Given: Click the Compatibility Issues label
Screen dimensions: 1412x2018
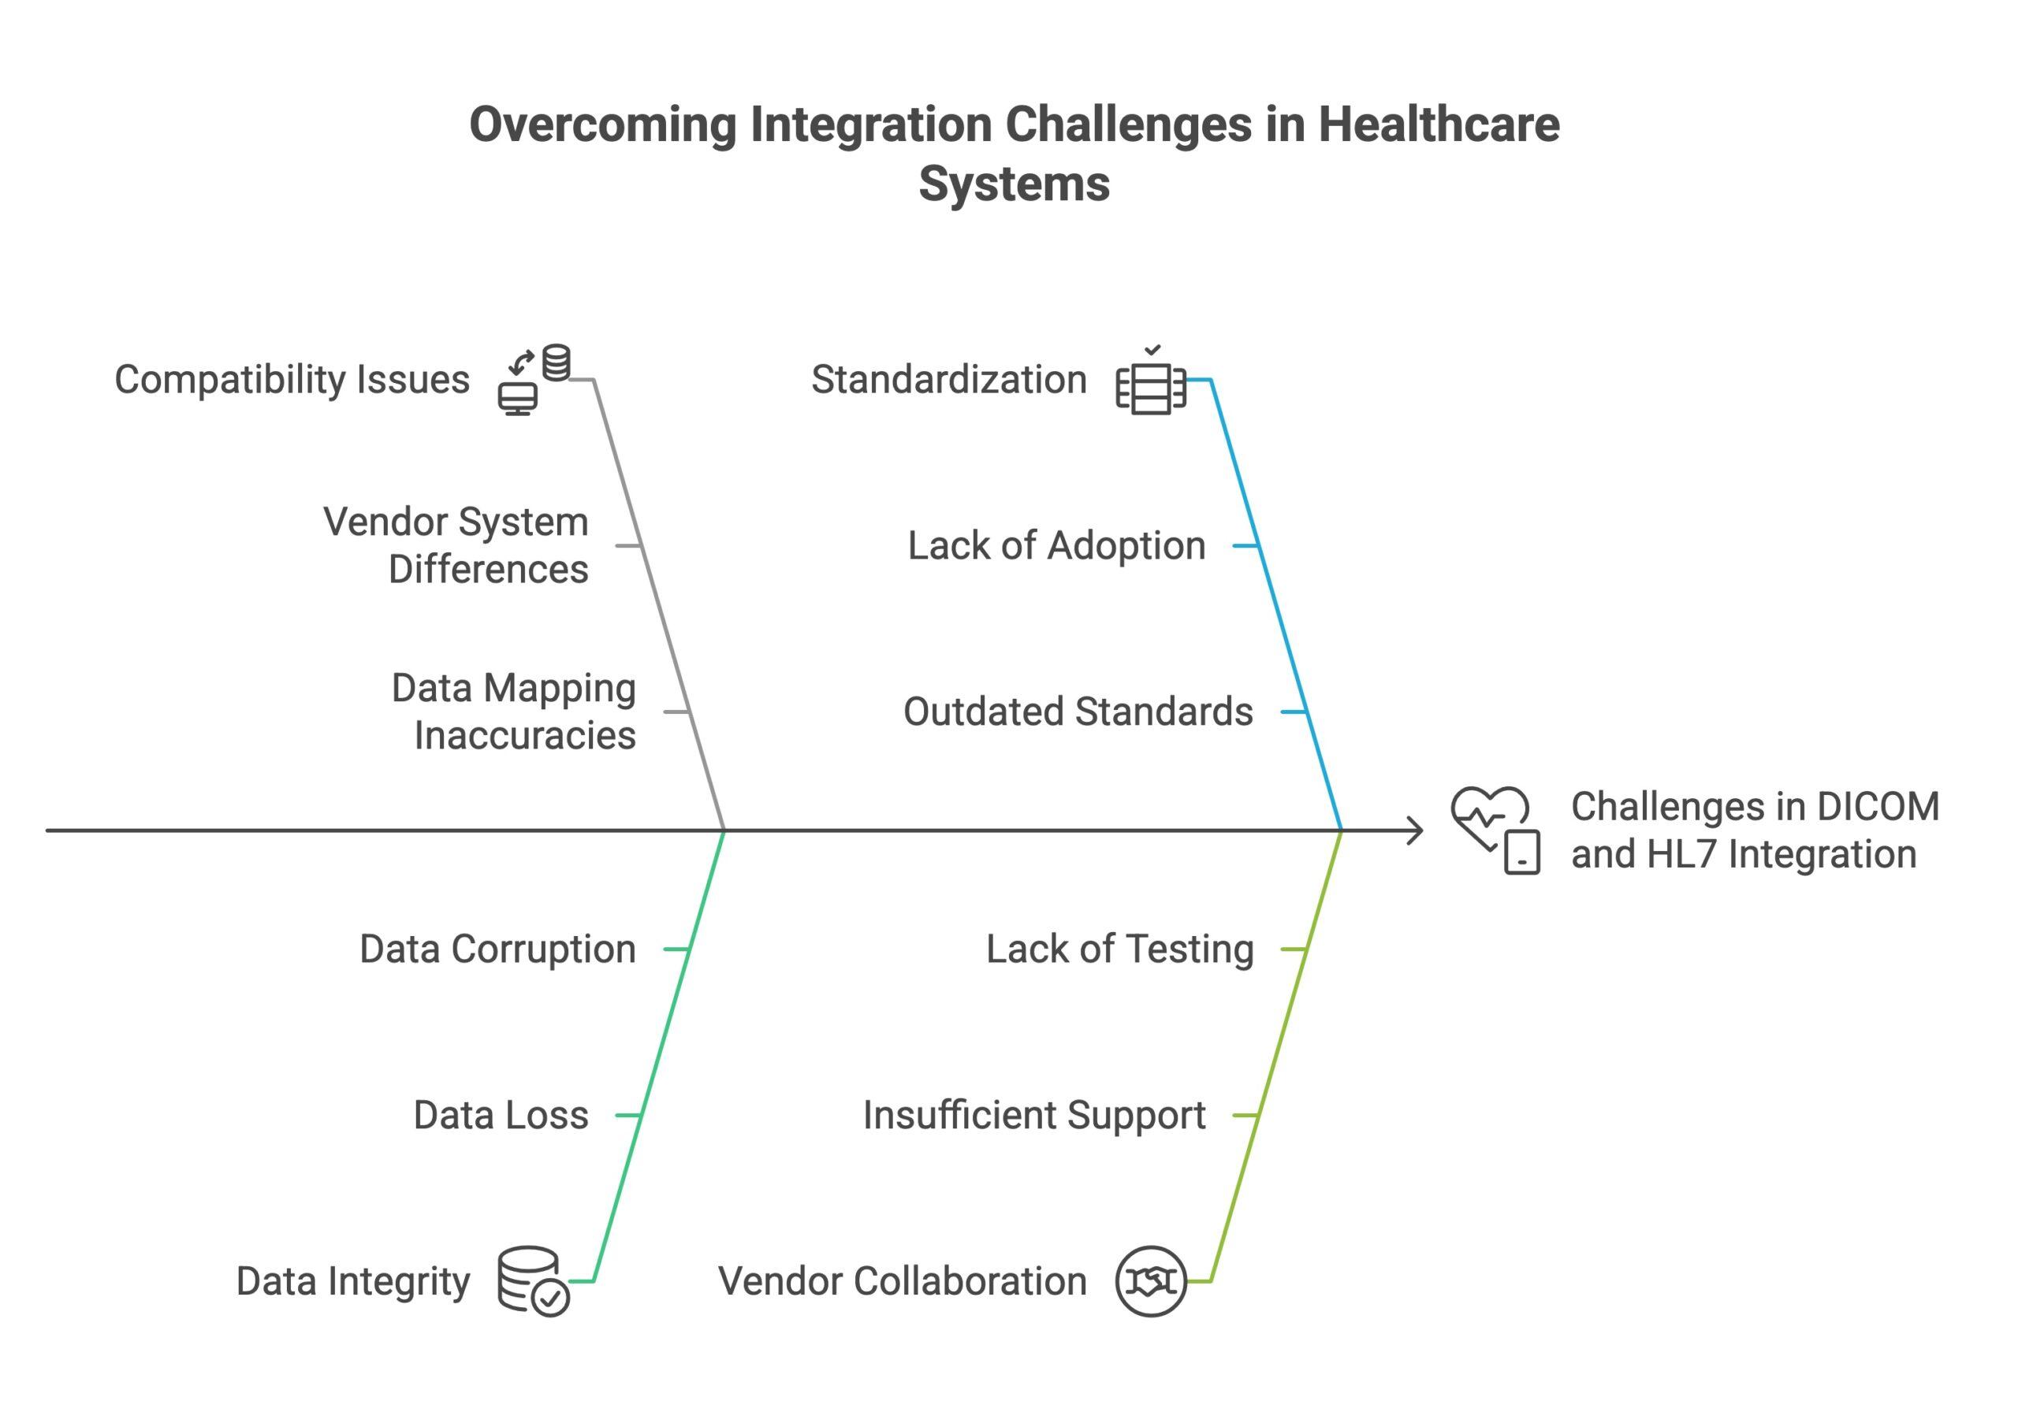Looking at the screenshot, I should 292,380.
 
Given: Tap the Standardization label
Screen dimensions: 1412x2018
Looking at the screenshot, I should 948,380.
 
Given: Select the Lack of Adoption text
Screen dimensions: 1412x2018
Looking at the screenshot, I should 1056,545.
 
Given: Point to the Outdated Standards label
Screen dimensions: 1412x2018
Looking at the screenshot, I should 1078,712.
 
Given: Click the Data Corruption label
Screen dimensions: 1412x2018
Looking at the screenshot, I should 497,949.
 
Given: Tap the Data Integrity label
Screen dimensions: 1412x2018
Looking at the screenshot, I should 352,1281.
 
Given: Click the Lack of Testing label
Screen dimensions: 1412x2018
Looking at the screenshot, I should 1119,949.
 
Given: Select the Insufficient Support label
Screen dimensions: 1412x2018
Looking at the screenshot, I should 1033,1115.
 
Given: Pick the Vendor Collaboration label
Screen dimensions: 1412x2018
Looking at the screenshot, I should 902,1281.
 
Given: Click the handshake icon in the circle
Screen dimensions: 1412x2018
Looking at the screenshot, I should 1151,1281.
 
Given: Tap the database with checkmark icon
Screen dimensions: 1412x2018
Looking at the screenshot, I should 533,1281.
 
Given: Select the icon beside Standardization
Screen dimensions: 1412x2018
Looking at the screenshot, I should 1151,381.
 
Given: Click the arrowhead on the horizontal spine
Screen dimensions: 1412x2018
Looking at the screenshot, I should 1415,830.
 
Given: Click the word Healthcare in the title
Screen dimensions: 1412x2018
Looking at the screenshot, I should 1438,124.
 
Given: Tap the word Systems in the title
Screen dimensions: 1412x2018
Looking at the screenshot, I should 1014,184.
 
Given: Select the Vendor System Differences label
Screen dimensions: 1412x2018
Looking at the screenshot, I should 456,545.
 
